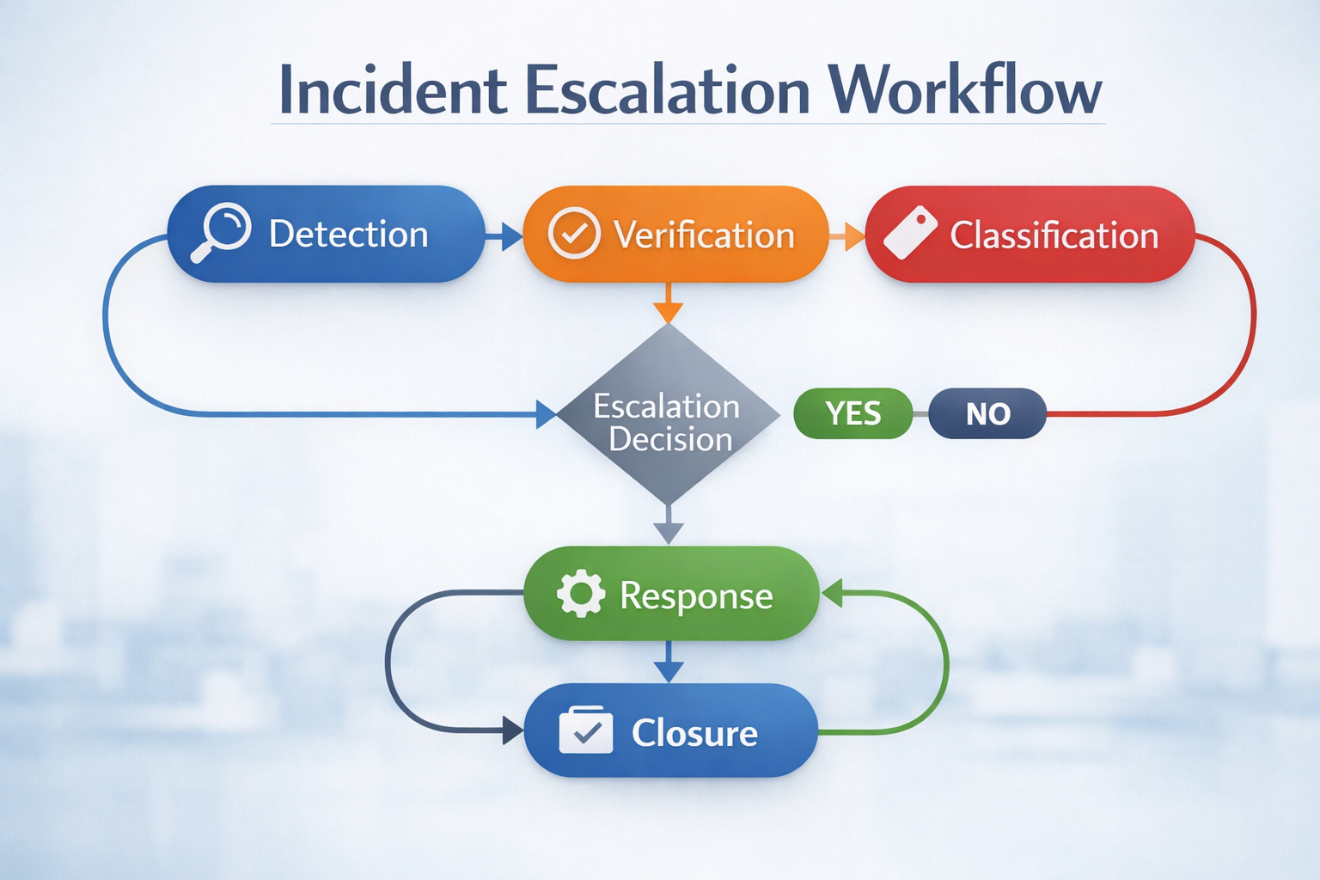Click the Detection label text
(348, 235)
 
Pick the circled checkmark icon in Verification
(573, 234)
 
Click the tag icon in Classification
(909, 233)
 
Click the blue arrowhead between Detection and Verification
(510, 235)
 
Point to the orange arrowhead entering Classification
(854, 235)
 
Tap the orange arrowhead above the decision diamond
(668, 312)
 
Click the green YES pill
(852, 413)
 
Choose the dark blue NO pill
(987, 414)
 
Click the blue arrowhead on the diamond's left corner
(546, 414)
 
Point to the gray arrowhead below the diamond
(668, 533)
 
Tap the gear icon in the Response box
(580, 594)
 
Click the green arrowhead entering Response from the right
(832, 593)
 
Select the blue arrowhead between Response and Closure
(668, 671)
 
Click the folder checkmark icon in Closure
(585, 731)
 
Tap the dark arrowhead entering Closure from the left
(513, 731)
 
